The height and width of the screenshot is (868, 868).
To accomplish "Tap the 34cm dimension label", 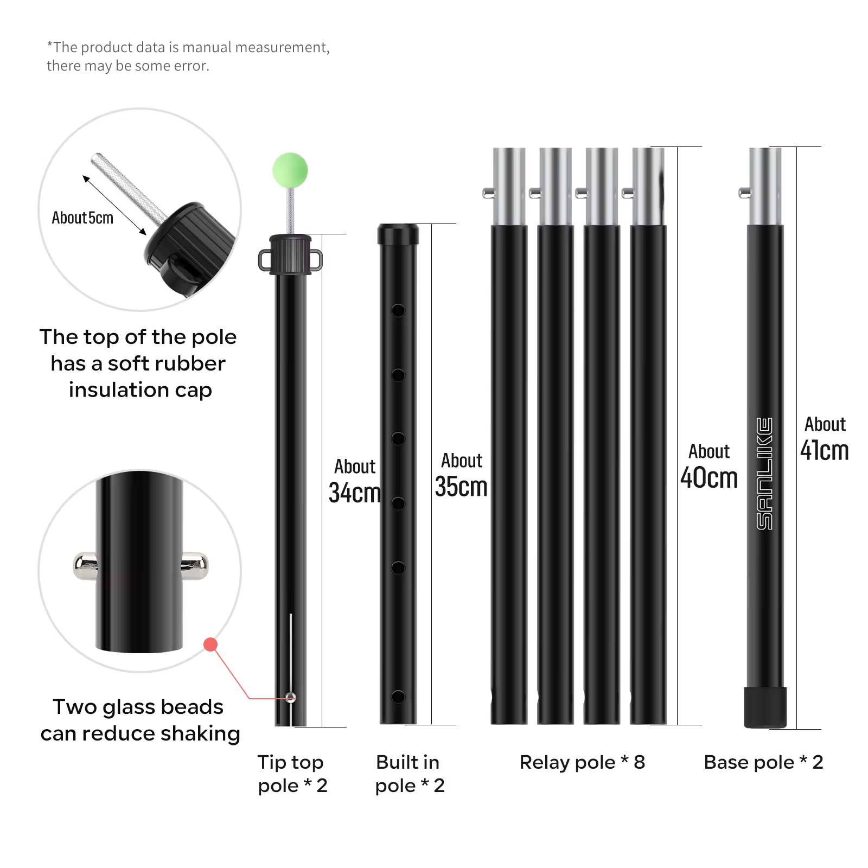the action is point(355,493).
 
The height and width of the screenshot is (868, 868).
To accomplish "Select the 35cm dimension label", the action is point(461,487).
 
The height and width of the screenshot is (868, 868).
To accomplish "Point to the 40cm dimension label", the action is point(709,478).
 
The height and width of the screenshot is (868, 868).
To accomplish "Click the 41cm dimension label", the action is point(825,450).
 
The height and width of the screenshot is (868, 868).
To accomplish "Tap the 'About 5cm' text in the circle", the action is point(82,218).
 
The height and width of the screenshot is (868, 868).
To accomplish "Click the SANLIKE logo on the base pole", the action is point(765,474).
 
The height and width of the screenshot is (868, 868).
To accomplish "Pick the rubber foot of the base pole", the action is point(765,707).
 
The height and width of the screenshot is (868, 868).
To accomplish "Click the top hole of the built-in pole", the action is point(398,311).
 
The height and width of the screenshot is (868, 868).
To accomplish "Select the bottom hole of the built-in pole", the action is point(398,697).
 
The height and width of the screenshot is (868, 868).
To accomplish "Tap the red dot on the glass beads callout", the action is point(210,644).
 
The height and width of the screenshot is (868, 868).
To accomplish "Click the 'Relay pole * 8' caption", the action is point(582,762).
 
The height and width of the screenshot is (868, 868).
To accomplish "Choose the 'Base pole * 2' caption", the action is point(763,762).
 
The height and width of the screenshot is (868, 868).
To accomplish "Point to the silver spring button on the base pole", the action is point(745,192).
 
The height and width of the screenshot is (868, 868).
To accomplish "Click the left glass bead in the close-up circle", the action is point(85,566).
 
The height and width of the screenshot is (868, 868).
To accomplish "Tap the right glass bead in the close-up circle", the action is point(195,566).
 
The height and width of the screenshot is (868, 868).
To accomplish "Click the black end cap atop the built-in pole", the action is point(398,234).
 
